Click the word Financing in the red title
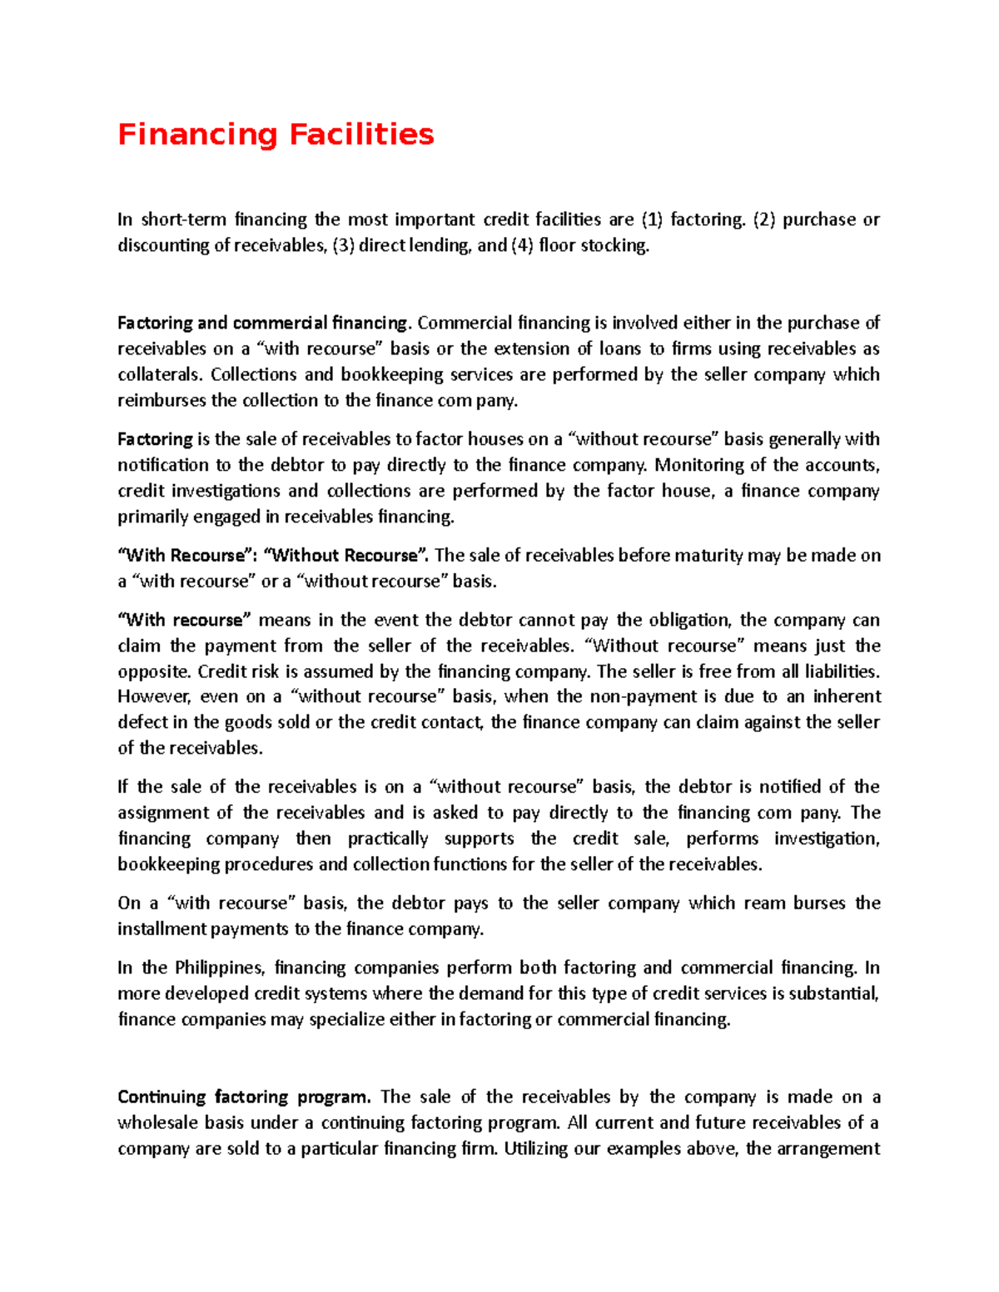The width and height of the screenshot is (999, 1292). (x=197, y=135)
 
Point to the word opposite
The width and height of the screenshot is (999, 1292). (x=154, y=671)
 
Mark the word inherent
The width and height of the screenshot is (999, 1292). (x=846, y=697)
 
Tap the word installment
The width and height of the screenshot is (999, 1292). (x=162, y=929)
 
